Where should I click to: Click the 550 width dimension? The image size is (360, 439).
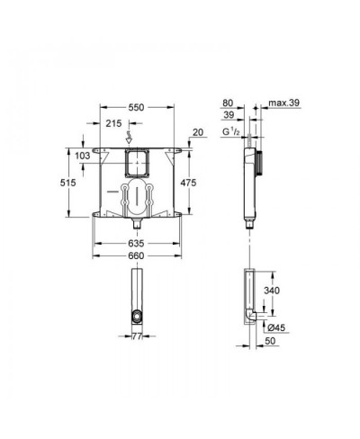coord(136,107)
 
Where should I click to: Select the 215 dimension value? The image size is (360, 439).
coord(113,123)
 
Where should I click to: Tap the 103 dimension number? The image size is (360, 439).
coord(83,156)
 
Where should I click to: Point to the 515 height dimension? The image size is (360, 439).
coord(68,183)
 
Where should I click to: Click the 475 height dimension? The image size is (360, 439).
coord(188,183)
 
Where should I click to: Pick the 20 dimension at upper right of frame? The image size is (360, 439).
coord(198,132)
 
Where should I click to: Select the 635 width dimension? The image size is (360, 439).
coord(136,243)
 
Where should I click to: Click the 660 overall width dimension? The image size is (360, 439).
coord(136,255)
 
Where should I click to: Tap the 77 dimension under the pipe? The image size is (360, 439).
coord(137,336)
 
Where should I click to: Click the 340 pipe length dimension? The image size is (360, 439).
coord(272,291)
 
